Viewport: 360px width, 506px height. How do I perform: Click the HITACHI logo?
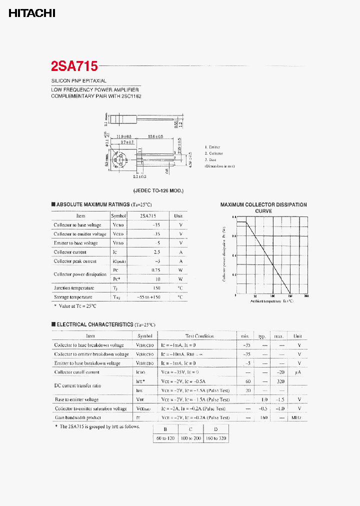pos(31,13)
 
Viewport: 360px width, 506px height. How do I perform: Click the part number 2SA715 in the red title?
pos(74,66)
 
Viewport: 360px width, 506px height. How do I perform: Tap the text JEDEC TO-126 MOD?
pos(158,191)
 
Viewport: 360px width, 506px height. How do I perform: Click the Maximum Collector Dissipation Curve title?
pos(263,207)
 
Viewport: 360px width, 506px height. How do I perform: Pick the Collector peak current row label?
pos(75,261)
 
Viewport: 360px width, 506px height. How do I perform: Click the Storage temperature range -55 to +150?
pos(148,297)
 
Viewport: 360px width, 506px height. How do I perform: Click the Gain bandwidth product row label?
pos(77,417)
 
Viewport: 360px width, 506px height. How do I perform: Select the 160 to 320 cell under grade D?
pos(215,438)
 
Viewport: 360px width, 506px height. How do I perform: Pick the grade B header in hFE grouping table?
pos(165,429)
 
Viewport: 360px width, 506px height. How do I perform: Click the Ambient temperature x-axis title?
pos(272,301)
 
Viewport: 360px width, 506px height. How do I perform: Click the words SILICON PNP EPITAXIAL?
pos(79,80)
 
